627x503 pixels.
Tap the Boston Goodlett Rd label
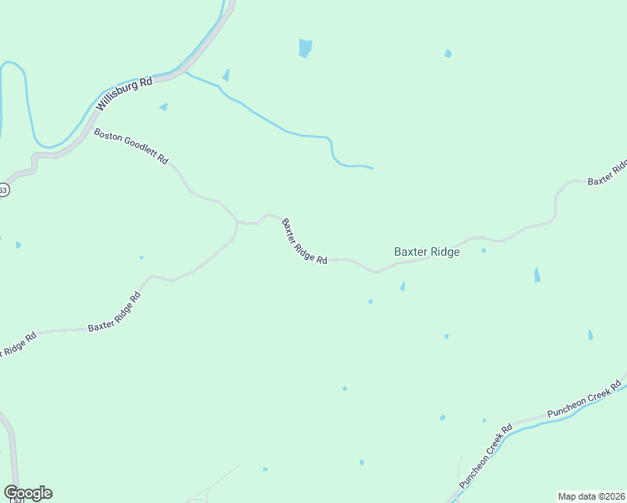coord(131,146)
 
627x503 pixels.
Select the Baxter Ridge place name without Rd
coord(427,251)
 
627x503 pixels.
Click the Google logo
coord(28,493)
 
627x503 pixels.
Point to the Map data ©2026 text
coord(591,495)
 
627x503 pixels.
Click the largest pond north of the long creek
coord(305,49)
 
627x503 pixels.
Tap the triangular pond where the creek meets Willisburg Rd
coord(225,75)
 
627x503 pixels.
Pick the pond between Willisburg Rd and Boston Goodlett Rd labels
coord(163,106)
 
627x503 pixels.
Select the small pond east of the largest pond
coord(448,54)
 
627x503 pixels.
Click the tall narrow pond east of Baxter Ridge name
coord(536,274)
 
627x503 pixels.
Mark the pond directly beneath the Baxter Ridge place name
coord(403,287)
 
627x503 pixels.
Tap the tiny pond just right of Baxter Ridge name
coord(484,250)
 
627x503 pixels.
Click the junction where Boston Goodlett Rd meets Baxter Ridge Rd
coord(237,222)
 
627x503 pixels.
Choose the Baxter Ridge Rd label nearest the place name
coord(303,241)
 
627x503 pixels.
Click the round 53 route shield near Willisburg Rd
coord(3,190)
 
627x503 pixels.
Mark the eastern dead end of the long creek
coord(372,168)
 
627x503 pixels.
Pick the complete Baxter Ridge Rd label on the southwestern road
coord(114,313)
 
